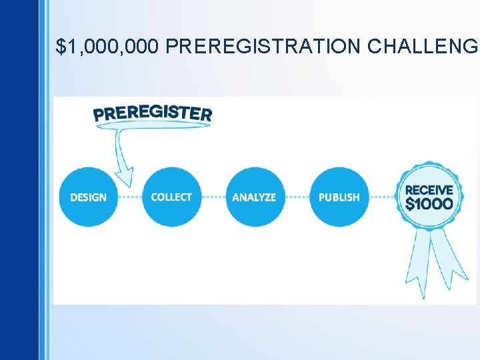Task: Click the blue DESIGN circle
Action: click(x=88, y=197)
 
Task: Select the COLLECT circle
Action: click(x=171, y=197)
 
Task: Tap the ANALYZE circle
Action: click(x=254, y=197)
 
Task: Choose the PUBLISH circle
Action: click(x=339, y=197)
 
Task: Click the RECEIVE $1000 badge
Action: click(x=429, y=197)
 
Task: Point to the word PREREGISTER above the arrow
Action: click(x=153, y=114)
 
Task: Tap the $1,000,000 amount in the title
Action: click(x=108, y=47)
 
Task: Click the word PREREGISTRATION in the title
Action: click(x=263, y=47)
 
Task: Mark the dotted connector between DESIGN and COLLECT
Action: click(x=130, y=197)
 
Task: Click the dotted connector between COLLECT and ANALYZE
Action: click(x=213, y=197)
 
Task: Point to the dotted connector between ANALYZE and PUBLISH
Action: click(x=297, y=197)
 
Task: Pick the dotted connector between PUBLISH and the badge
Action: click(x=382, y=197)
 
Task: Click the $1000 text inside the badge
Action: click(x=429, y=204)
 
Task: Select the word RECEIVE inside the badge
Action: click(x=429, y=190)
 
